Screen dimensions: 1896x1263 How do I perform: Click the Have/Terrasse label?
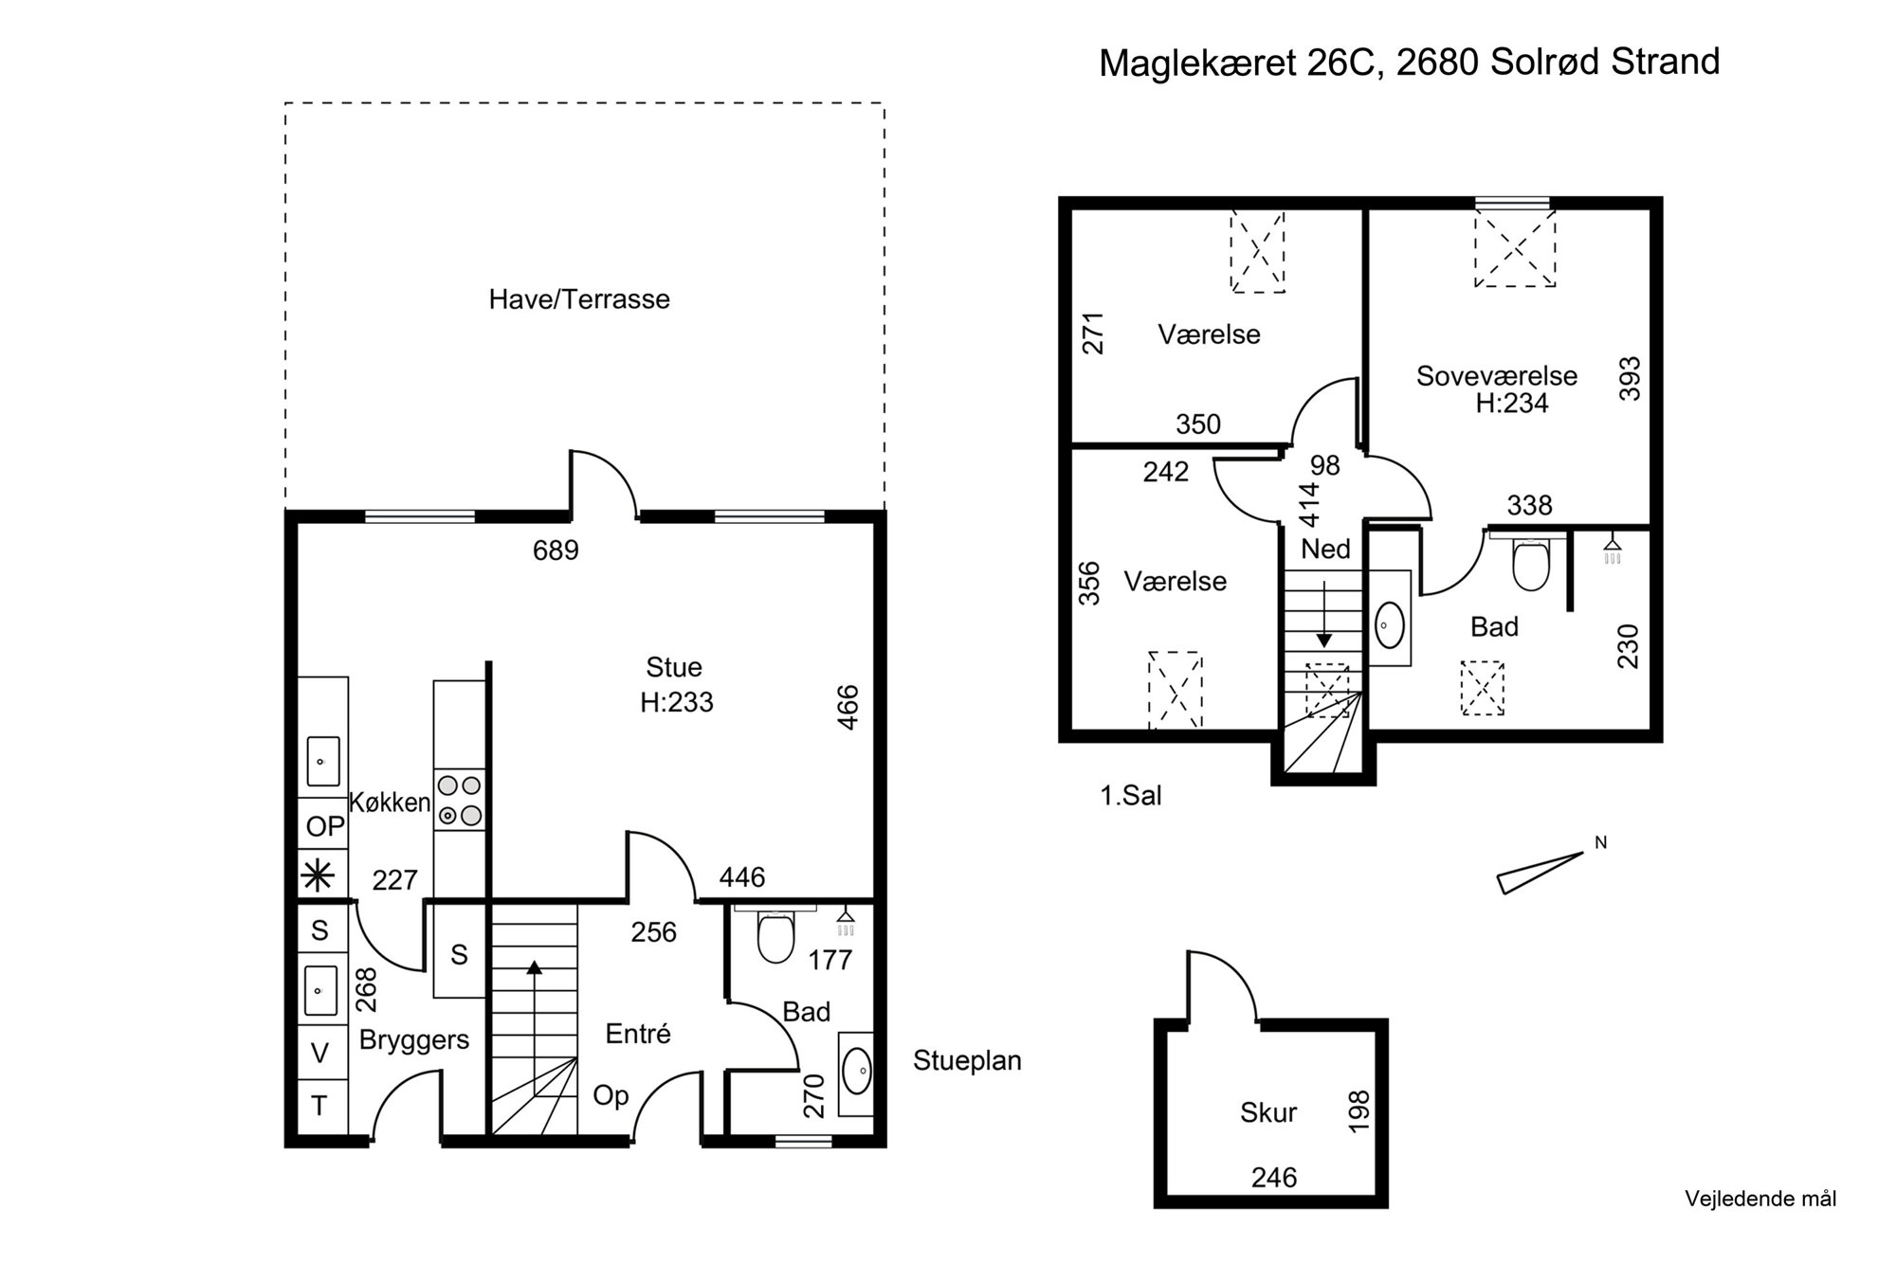(579, 299)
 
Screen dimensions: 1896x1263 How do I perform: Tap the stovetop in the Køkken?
(460, 801)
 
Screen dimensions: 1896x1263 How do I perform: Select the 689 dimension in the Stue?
(556, 550)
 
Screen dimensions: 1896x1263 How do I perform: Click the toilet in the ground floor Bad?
(775, 935)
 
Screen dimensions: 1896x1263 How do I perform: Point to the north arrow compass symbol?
(1541, 872)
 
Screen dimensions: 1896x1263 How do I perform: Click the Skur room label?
(1268, 1112)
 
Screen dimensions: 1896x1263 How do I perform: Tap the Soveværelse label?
(1497, 376)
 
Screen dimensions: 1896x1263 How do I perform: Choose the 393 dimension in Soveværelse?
(1630, 378)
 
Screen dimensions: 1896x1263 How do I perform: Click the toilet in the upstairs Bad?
(1531, 565)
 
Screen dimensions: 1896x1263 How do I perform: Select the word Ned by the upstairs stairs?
(1325, 549)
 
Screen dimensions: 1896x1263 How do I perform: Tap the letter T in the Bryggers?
(319, 1106)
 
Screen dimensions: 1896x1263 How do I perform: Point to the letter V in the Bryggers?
(319, 1053)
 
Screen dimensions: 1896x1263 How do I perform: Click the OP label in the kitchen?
(325, 827)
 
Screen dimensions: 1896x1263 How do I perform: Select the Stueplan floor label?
(967, 1061)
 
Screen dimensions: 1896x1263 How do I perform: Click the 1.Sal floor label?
(1130, 795)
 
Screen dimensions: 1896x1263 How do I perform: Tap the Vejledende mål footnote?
(1760, 1199)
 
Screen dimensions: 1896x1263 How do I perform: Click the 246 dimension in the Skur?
(1274, 1178)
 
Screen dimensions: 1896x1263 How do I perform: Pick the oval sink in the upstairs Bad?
(1389, 625)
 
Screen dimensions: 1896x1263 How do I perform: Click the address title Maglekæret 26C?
(1236, 63)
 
